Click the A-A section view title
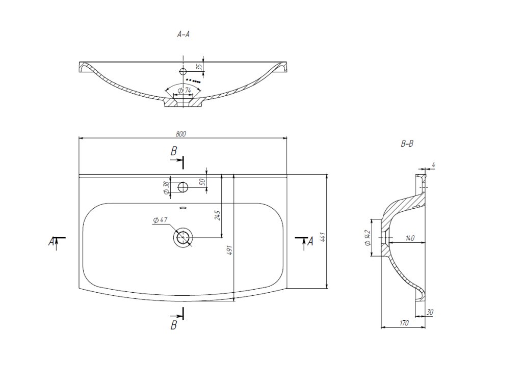point(184,34)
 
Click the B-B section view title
point(407,144)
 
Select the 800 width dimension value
point(180,134)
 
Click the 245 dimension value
point(218,215)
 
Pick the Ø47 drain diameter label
point(160,220)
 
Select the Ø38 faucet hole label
point(166,188)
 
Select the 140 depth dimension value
point(409,238)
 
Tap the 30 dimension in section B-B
point(430,312)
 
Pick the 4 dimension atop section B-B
point(433,165)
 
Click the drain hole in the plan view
point(182,238)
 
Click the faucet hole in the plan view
point(182,187)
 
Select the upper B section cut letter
point(173,151)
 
